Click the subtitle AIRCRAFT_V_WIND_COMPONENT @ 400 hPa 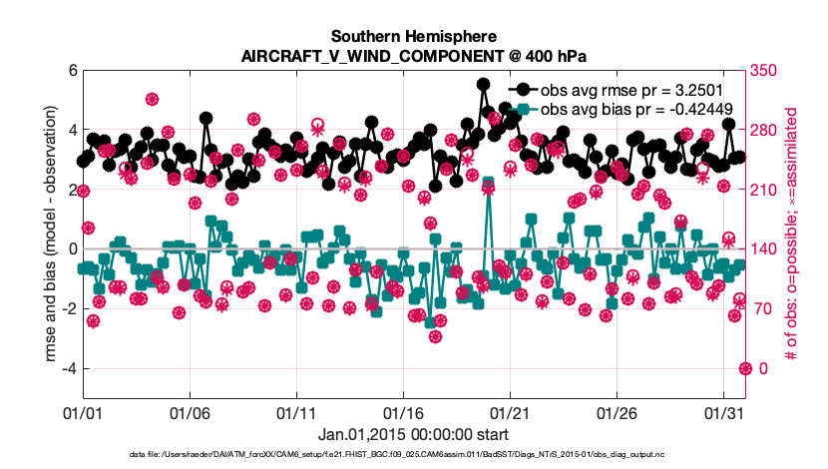point(414,56)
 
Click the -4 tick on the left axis point(68,368)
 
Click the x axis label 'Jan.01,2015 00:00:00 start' point(414,434)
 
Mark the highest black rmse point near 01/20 point(483,85)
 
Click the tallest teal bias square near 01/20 point(489,184)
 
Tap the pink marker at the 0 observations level point(744,368)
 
